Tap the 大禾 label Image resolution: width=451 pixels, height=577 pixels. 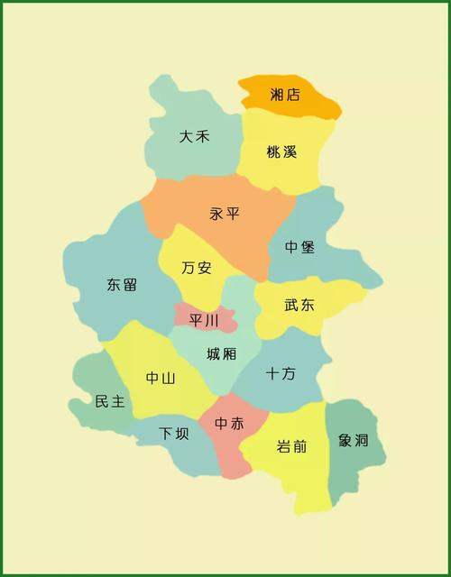coord(194,137)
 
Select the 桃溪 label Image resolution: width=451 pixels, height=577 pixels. coord(281,152)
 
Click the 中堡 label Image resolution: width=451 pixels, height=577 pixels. coord(299,247)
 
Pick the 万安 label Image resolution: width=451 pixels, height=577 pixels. coord(196,268)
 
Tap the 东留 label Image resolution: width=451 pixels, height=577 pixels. coord(122,285)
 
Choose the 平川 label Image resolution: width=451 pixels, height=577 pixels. coord(204,320)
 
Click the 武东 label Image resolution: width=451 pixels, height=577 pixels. coord(299,306)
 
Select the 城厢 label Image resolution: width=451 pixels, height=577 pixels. coord(221,354)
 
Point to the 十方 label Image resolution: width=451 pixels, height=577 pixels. coord(281,372)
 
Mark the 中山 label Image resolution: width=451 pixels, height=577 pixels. coord(161,379)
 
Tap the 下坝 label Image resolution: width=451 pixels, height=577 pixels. coord(174,434)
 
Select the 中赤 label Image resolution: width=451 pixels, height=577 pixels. coord(229,423)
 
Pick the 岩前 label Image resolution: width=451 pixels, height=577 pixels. coord(291,445)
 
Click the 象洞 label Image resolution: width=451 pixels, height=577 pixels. coord(354,441)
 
